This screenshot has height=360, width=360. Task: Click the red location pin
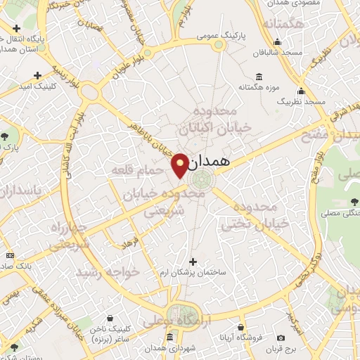point(180,165)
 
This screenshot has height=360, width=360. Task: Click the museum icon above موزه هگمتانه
point(259,76)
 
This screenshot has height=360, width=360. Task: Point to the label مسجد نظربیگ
point(302,103)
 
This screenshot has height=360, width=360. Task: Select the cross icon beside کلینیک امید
point(37,75)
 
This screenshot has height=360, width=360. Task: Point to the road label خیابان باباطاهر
point(154,138)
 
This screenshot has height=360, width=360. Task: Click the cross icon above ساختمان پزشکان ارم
point(193,262)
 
